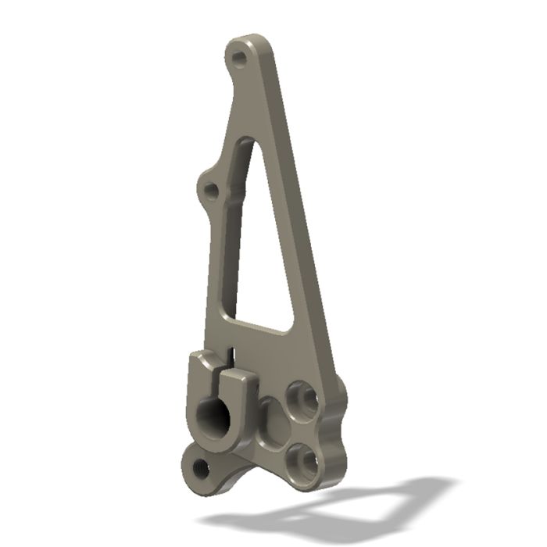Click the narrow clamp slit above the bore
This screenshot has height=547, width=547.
click(231, 359)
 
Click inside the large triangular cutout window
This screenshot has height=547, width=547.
click(262, 250)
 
